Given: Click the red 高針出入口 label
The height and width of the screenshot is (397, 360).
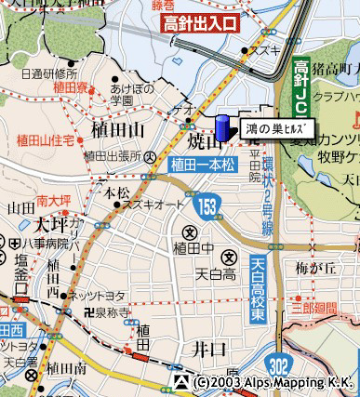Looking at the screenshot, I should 198,25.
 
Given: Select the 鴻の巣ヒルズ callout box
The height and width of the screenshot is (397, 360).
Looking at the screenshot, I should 275,128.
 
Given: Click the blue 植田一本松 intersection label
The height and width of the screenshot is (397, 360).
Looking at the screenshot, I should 206,165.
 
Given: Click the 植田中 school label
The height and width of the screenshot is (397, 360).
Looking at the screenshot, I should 190,246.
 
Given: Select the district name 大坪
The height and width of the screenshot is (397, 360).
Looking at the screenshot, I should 51,226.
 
